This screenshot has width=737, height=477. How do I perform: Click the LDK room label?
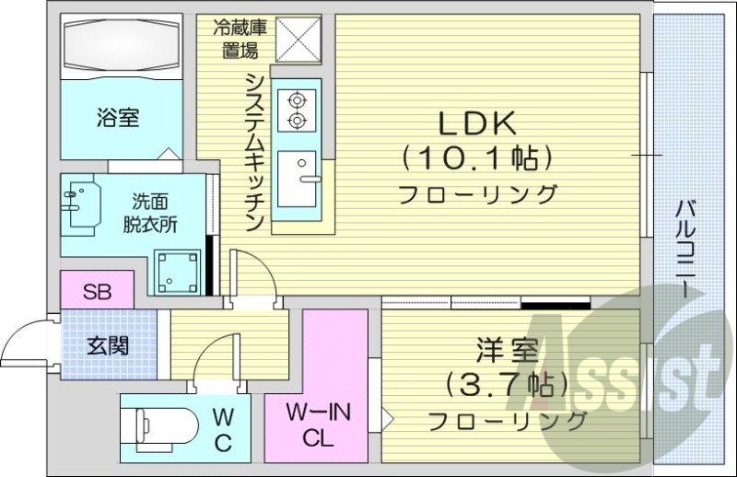pos(475,122)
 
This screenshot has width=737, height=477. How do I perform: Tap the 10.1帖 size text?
pos(476,157)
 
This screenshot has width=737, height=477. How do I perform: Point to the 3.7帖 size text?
pos(504,384)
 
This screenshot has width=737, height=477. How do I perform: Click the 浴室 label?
pos(118,118)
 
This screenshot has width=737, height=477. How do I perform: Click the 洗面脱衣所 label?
pos(147,211)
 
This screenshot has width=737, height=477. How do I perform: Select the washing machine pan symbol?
pos(179,269)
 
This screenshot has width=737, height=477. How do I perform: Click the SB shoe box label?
pos(97,293)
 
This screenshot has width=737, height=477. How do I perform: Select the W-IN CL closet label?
pos(315,424)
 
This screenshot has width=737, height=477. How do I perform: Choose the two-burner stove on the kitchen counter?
pos(297,108)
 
